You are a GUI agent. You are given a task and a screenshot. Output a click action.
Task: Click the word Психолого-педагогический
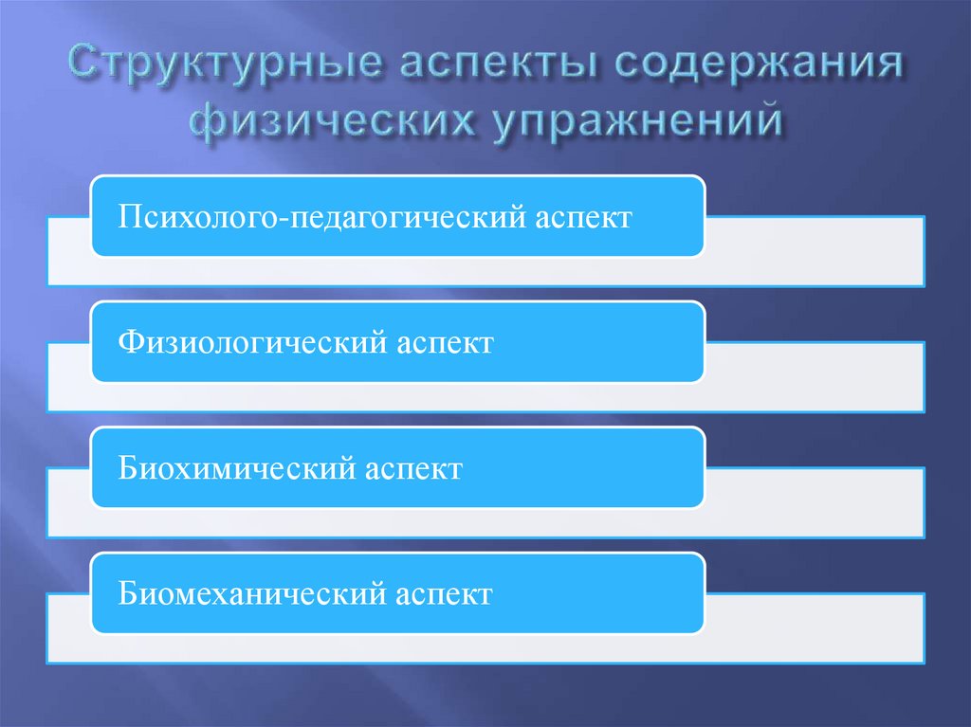tap(311, 218)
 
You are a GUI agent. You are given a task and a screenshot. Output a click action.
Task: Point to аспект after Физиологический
tap(442, 343)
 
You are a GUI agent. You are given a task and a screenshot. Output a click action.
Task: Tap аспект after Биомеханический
tap(442, 594)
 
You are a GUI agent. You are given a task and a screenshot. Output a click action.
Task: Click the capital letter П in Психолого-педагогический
tap(128, 217)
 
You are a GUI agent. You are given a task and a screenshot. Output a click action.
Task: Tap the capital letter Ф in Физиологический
tap(128, 342)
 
